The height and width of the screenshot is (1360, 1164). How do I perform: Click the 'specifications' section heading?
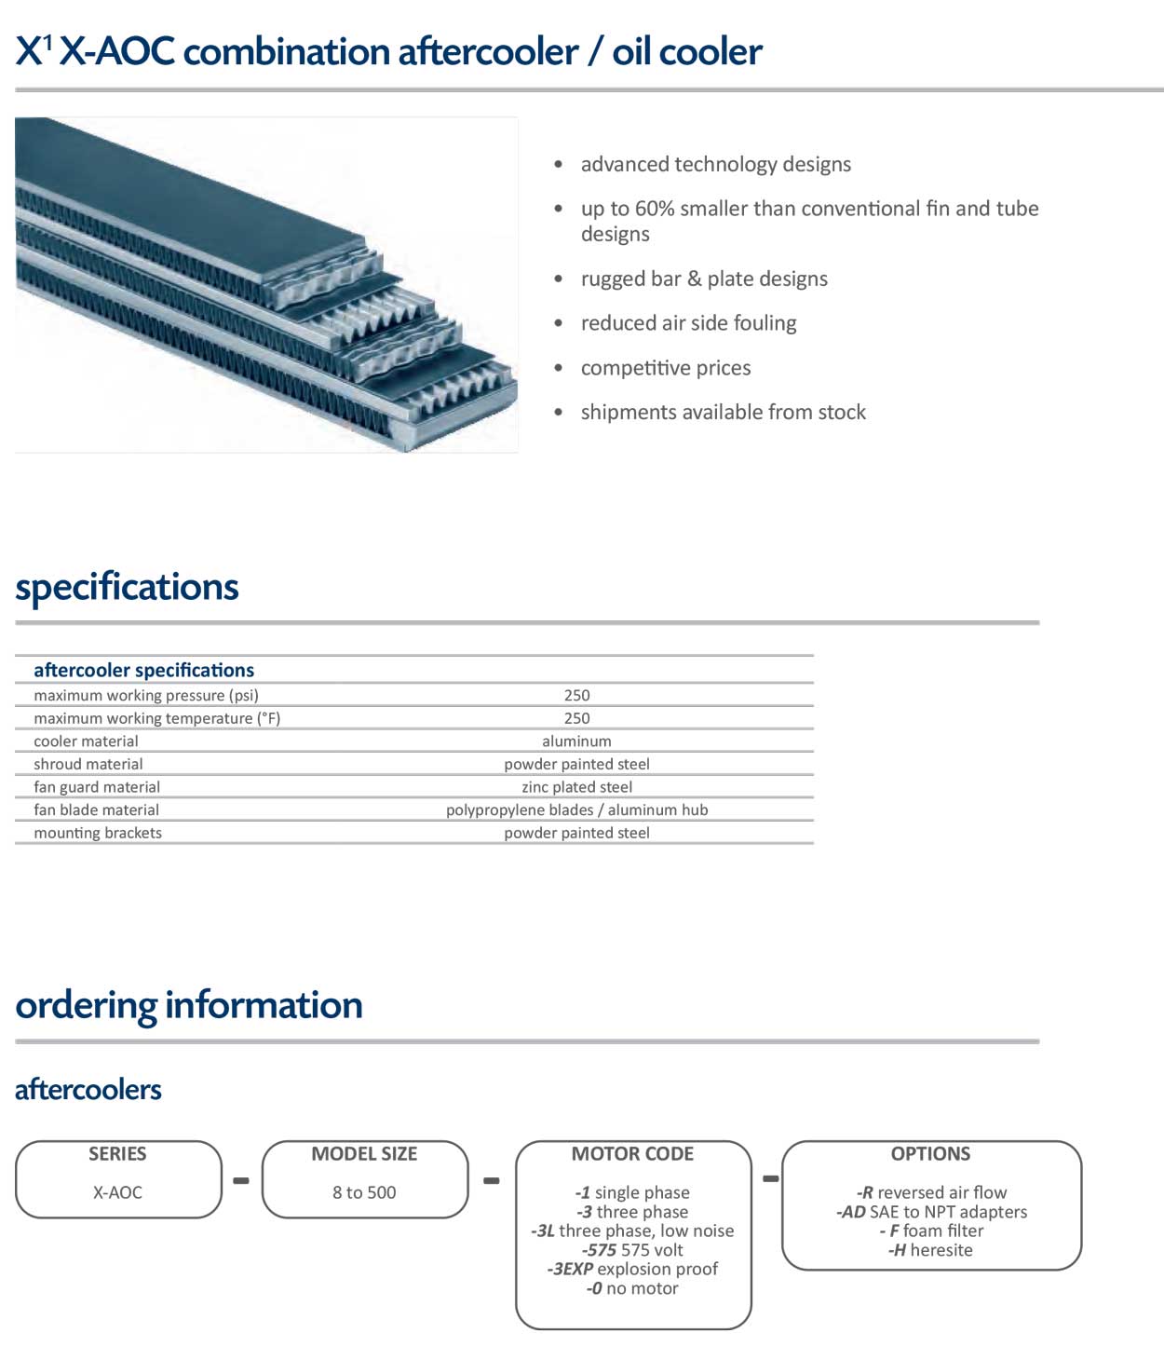[127, 586]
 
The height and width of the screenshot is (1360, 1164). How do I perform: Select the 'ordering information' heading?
[189, 1005]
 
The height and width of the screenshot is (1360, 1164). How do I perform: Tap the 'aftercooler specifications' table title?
[144, 670]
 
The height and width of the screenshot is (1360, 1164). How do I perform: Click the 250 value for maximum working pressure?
[576, 695]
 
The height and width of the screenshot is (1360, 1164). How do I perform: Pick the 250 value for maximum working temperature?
[576, 718]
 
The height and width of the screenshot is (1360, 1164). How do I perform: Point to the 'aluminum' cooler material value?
[576, 741]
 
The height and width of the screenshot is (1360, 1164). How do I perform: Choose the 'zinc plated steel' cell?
[576, 787]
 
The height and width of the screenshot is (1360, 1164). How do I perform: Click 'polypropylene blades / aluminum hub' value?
[576, 810]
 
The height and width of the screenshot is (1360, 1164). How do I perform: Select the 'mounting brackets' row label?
[98, 833]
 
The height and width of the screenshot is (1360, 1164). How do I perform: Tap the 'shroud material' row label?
[88, 764]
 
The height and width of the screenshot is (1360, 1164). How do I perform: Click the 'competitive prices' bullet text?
[666, 368]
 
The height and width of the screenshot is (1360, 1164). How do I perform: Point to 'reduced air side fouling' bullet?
[688, 323]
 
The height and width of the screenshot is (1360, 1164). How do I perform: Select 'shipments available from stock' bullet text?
[724, 412]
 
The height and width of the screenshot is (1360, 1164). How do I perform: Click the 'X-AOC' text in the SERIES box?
[117, 1192]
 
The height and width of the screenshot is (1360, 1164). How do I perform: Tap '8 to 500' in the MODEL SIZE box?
[364, 1192]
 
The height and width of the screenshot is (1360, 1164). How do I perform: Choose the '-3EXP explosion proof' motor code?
[632, 1269]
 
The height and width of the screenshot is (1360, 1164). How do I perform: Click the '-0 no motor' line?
[632, 1288]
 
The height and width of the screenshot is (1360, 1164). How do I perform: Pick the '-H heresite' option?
[930, 1250]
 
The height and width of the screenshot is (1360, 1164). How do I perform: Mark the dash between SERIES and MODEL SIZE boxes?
[241, 1181]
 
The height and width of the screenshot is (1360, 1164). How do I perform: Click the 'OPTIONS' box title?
[930, 1153]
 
